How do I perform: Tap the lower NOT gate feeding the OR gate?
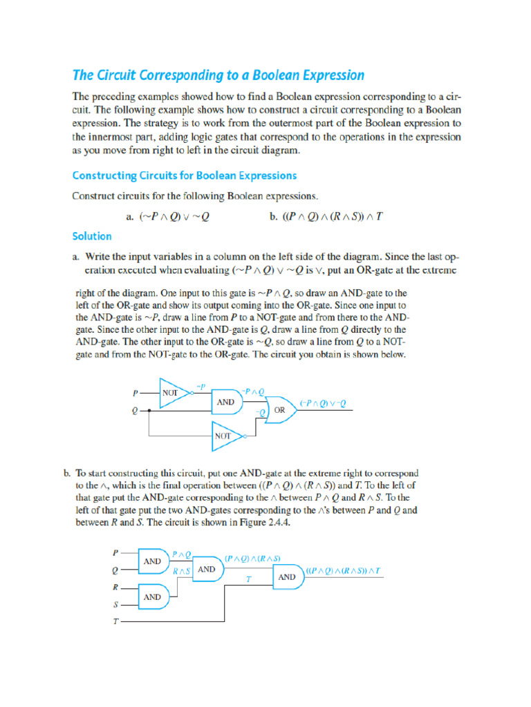(x=224, y=436)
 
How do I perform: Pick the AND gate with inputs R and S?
(x=153, y=597)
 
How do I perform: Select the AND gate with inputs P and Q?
(x=153, y=561)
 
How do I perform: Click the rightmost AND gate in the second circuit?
(x=287, y=576)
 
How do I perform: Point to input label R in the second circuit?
(x=115, y=588)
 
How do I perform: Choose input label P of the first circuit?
(x=136, y=393)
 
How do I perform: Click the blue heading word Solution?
(x=92, y=236)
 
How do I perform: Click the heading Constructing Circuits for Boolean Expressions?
(x=185, y=175)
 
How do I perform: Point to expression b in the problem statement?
(x=325, y=216)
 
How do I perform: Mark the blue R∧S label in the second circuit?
(x=180, y=571)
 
